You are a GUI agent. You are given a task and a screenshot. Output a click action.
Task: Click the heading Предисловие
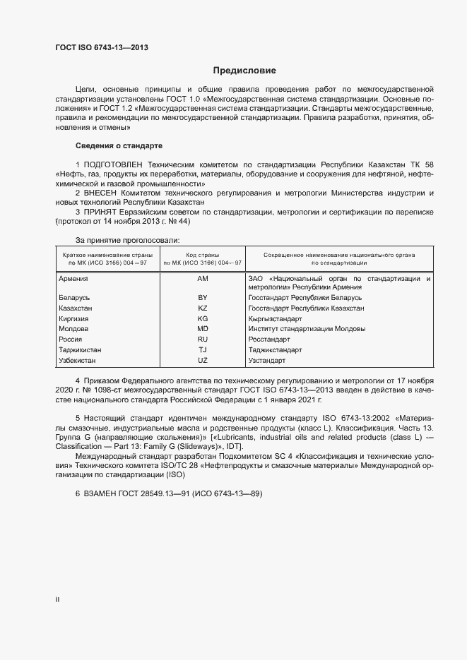pos(244,71)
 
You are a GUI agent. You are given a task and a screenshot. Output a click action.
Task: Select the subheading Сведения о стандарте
pos(119,145)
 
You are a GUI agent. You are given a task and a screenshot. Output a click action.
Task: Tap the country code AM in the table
pos(202,279)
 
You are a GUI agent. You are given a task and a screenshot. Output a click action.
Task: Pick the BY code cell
pos(202,299)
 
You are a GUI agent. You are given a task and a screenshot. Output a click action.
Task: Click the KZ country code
pos(202,309)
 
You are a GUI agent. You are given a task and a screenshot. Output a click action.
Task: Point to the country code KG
pos(202,319)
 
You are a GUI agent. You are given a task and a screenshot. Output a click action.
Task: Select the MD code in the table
pos(202,330)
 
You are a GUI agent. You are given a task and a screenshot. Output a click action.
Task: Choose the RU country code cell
pos(202,340)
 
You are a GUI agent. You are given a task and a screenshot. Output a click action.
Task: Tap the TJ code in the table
pos(202,350)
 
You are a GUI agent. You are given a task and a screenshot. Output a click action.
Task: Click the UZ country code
pos(202,361)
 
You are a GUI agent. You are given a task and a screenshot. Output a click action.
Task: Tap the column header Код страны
pos(202,254)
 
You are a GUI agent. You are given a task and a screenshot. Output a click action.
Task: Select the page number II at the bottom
pos(57,600)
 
